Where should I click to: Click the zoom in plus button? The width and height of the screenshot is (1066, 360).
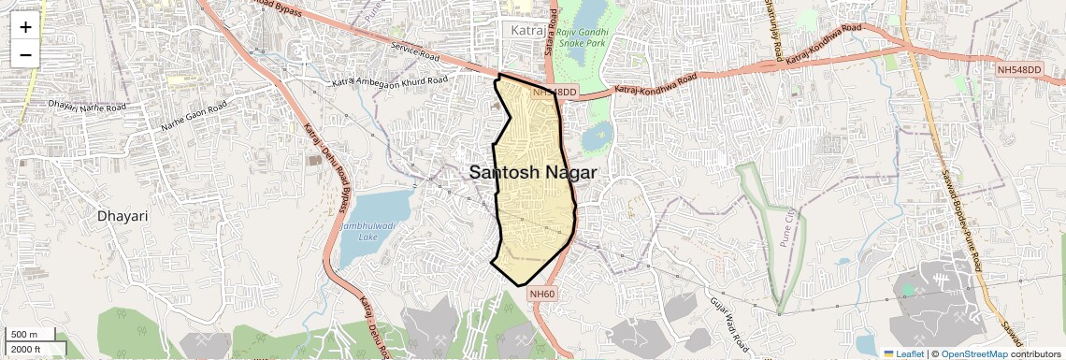click(x=25, y=27)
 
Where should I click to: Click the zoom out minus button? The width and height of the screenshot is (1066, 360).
click(x=25, y=54)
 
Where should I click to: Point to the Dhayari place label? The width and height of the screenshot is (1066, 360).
click(x=122, y=216)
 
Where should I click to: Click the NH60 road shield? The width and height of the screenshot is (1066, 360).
click(x=542, y=294)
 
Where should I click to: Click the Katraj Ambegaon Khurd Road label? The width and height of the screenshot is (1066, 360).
click(x=389, y=81)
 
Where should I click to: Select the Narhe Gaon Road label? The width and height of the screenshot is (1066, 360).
click(x=194, y=117)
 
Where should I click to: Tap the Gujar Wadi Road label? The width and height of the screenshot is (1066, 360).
click(x=730, y=321)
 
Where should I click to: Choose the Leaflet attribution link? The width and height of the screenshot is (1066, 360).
click(x=903, y=353)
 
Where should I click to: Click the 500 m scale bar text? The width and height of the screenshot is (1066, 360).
click(x=24, y=334)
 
